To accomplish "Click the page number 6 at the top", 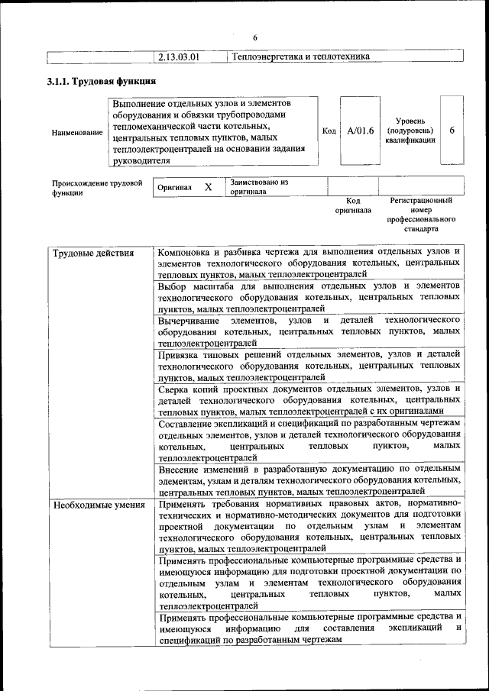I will pyautogui.click(x=255, y=38).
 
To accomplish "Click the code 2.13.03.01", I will pyautogui.click(x=178, y=57).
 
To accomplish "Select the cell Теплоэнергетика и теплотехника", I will pyautogui.click(x=300, y=57).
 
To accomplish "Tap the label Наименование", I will pyautogui.click(x=77, y=132).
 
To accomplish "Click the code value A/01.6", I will pyautogui.click(x=360, y=131).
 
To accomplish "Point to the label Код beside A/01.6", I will pyautogui.click(x=329, y=131).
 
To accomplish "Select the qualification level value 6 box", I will pyautogui.click(x=452, y=131).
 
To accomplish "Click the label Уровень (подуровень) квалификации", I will pyautogui.click(x=410, y=131).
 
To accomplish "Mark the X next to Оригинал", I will pyautogui.click(x=208, y=186).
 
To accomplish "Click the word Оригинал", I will pyautogui.click(x=174, y=187).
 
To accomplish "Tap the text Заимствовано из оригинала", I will pyautogui.click(x=258, y=187).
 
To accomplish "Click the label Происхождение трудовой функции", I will pyautogui.click(x=97, y=188).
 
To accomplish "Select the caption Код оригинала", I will pyautogui.click(x=353, y=205).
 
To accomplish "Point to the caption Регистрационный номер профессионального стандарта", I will pyautogui.click(x=421, y=214).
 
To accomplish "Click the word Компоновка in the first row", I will pyautogui.click(x=185, y=251).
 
